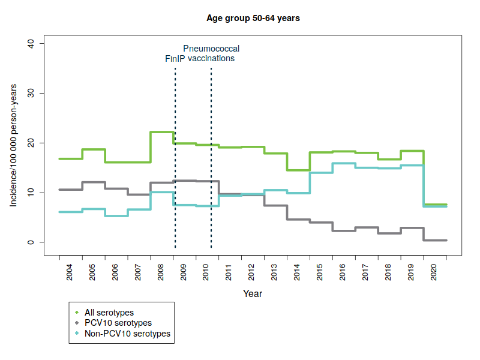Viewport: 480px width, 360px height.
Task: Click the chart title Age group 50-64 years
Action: click(x=253, y=18)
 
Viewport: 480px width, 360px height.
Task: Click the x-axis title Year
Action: click(x=253, y=294)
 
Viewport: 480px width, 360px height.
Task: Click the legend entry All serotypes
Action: click(x=109, y=313)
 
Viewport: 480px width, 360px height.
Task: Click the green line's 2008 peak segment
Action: click(x=162, y=132)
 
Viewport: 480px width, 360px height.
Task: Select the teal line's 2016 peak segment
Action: click(x=344, y=163)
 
